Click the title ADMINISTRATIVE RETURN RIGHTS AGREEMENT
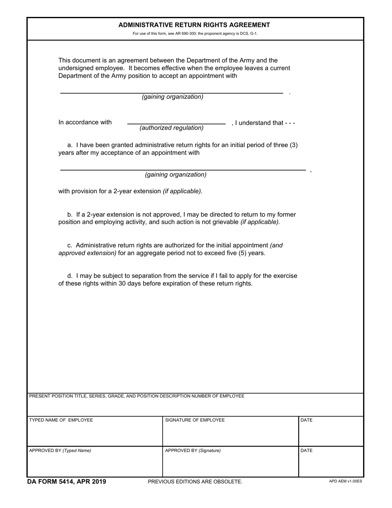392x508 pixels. click(194, 25)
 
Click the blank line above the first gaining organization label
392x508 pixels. click(171, 93)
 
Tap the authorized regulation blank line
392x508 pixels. click(176, 123)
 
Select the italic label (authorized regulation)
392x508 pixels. click(171, 128)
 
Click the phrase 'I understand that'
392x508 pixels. click(259, 123)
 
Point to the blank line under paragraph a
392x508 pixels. click(183, 169)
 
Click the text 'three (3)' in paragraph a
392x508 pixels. click(286, 145)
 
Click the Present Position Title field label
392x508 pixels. click(137, 396)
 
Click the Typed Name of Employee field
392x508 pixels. click(94, 434)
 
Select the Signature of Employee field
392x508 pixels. click(230, 434)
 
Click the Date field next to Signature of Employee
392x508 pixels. click(331, 434)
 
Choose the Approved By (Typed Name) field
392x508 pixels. click(94, 464)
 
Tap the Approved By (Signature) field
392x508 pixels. click(230, 464)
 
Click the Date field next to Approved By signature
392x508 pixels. click(331, 464)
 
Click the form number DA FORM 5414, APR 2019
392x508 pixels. click(66, 482)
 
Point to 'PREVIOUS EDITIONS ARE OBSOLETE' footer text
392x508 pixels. click(195, 482)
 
